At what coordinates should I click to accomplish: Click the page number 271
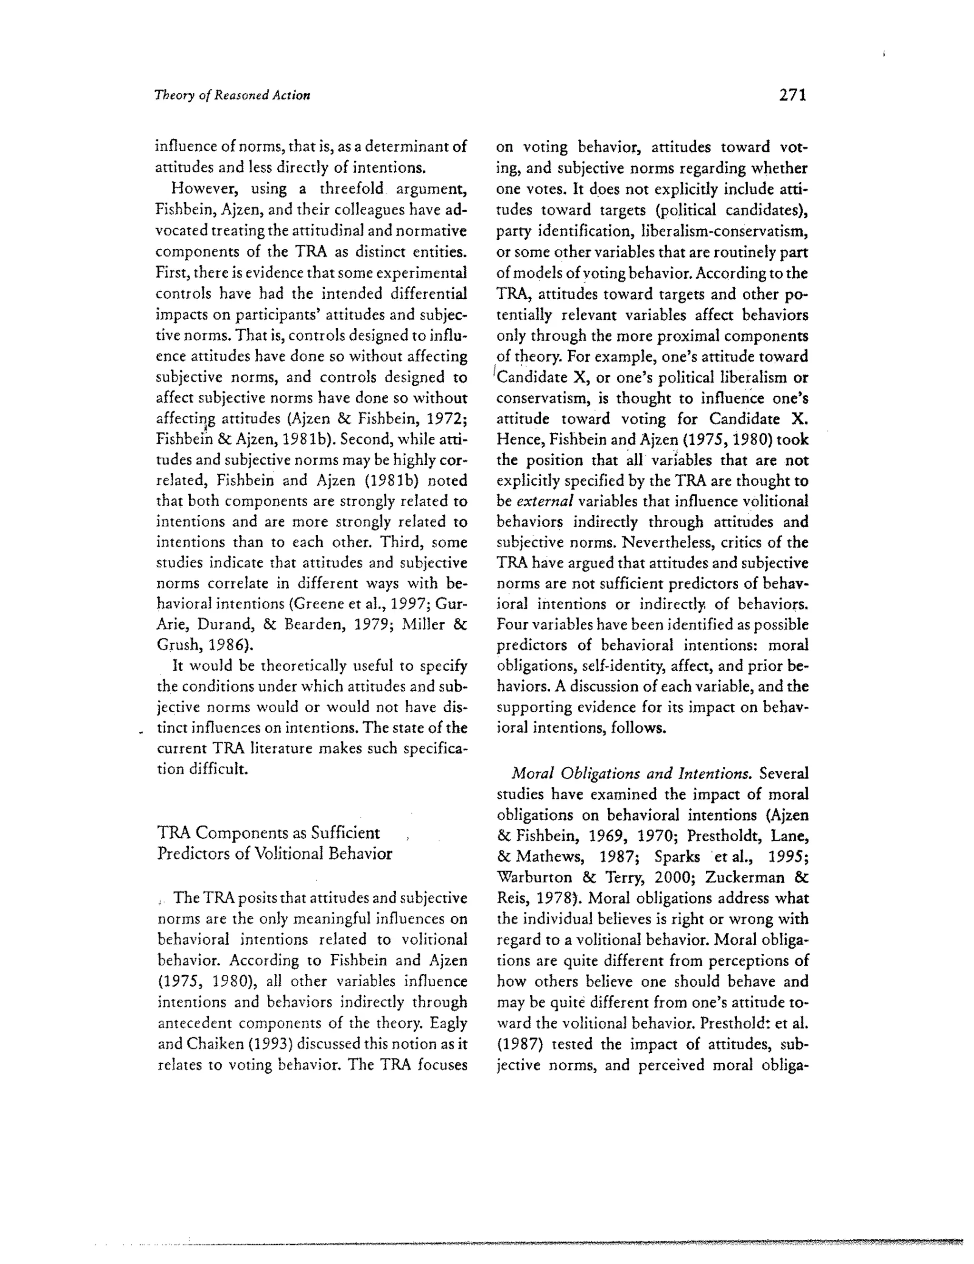click(x=792, y=95)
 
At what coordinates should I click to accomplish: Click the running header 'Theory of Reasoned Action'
click(x=232, y=96)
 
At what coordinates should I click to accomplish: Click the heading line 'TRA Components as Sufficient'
click(x=269, y=833)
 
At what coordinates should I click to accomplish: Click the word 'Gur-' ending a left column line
click(x=451, y=604)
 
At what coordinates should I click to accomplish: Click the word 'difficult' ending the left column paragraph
click(x=219, y=769)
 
